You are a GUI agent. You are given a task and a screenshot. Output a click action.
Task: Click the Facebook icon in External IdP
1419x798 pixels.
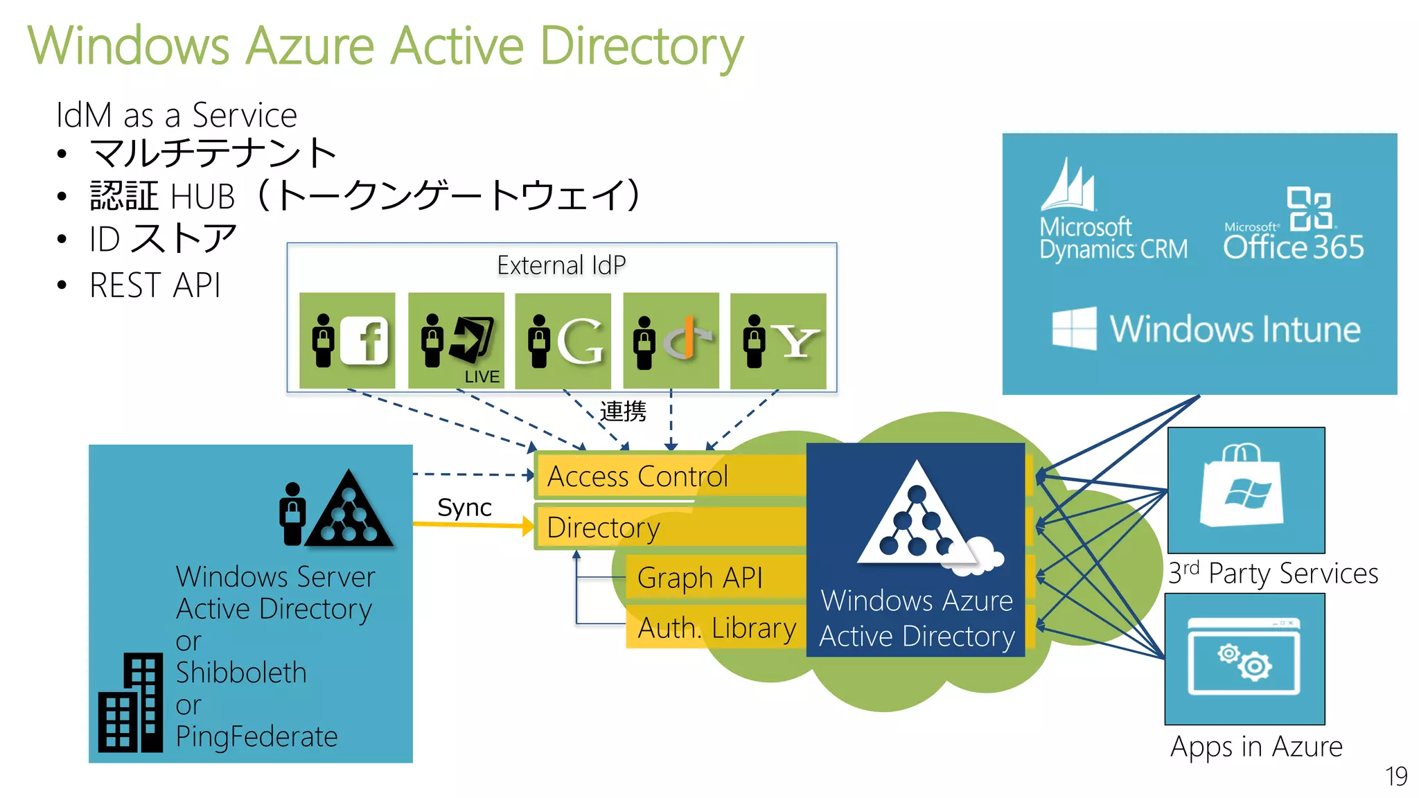point(364,340)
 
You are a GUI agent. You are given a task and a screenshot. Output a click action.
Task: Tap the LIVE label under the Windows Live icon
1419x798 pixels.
point(482,377)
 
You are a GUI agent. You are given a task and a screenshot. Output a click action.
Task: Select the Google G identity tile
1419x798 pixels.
point(563,341)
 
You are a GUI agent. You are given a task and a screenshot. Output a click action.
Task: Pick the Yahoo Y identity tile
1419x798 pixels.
point(778,341)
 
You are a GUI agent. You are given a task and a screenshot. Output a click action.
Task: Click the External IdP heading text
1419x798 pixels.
point(561,265)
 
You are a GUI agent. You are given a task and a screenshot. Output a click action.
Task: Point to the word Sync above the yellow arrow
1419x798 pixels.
point(464,508)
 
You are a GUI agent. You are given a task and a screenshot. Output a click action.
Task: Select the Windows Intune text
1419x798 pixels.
point(1235,329)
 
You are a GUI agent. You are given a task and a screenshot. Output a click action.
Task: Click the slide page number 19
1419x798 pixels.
point(1395,776)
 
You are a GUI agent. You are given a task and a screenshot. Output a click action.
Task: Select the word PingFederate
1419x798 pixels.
point(256,736)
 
